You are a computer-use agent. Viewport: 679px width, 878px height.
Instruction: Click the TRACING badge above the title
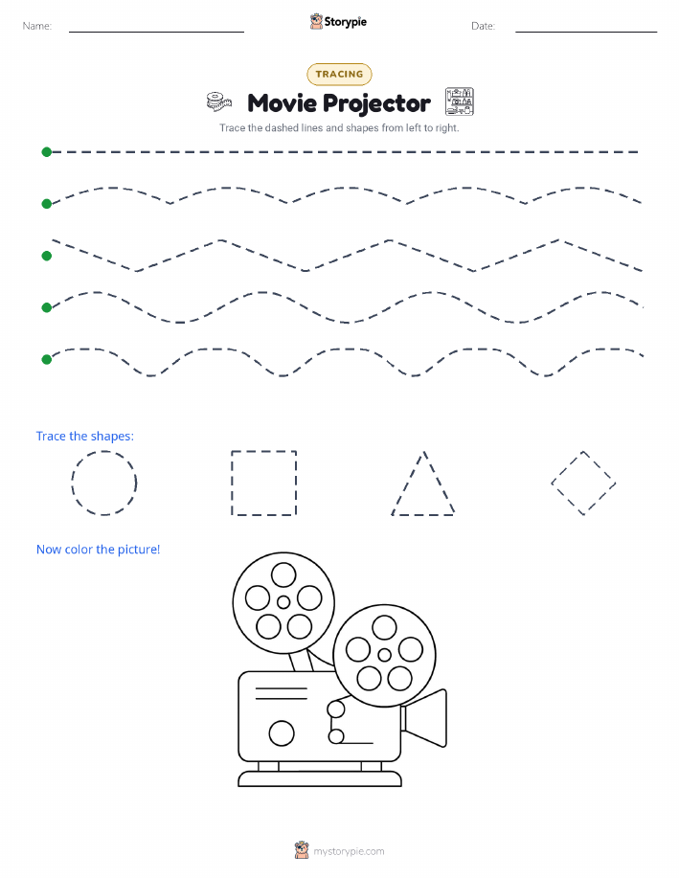pos(339,74)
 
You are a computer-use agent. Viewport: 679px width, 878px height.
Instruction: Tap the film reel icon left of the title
pos(218,101)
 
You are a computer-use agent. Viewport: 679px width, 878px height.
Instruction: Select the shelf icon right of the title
pos(460,101)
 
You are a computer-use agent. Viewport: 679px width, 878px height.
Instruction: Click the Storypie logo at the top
pos(338,22)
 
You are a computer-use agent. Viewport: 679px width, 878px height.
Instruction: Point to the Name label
pos(37,26)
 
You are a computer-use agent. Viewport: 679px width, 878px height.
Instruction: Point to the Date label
pos(483,26)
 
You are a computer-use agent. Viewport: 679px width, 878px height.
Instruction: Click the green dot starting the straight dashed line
pos(47,151)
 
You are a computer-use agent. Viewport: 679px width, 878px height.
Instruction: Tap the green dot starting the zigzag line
pos(47,256)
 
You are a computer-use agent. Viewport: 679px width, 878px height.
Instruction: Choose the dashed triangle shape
pos(408,483)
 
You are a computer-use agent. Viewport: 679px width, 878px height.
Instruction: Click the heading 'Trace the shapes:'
pos(85,437)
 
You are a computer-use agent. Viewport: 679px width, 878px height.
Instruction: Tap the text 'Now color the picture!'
pos(98,550)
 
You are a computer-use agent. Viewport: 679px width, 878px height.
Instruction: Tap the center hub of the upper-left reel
pos(283,602)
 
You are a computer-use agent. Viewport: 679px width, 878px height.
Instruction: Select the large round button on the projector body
pos(282,733)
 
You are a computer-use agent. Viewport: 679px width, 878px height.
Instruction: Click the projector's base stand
pos(320,778)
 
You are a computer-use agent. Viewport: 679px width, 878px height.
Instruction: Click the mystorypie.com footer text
pos(349,851)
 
